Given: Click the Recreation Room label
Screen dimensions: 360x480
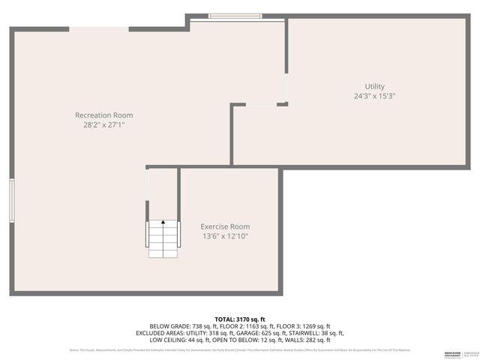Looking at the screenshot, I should (x=104, y=115).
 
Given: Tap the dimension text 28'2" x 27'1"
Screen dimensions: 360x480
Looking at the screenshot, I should (x=104, y=125).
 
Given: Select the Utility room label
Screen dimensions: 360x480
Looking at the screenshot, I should (x=375, y=86).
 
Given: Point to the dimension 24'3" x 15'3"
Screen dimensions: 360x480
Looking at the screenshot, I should (x=375, y=96).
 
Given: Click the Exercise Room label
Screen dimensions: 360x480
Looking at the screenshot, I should (x=225, y=226).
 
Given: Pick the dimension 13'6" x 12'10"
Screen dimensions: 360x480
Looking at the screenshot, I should (x=225, y=236).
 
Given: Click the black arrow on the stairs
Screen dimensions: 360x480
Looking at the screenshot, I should (x=163, y=222).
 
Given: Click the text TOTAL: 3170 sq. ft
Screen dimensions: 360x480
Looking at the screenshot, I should (x=240, y=319).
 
